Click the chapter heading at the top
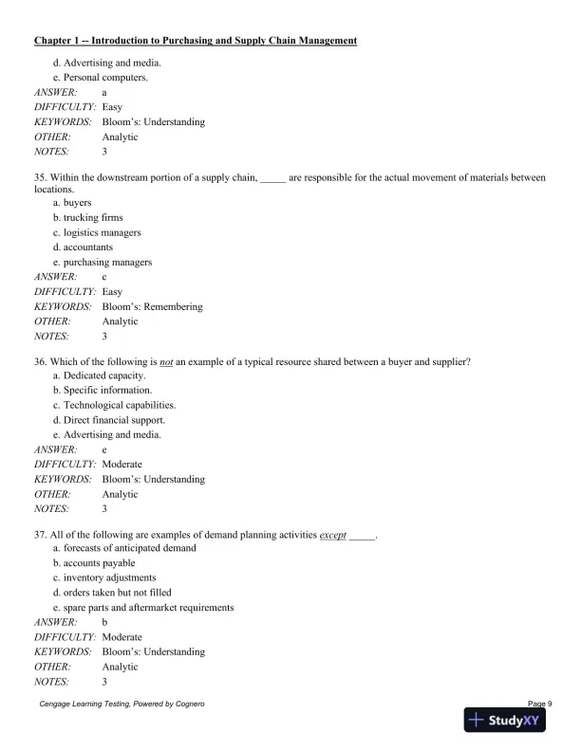pyautogui.click(x=196, y=41)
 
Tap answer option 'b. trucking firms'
pyautogui.click(x=87, y=217)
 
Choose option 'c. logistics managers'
pyautogui.click(x=97, y=232)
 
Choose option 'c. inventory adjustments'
pyautogui.click(x=104, y=577)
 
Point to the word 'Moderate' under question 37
pyautogui.click(x=122, y=637)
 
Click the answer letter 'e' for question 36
pyautogui.click(x=104, y=450)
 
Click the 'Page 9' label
pyautogui.click(x=537, y=703)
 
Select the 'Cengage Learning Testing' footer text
pyautogui.click(x=122, y=704)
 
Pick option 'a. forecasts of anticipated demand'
pyautogui.click(x=124, y=548)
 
